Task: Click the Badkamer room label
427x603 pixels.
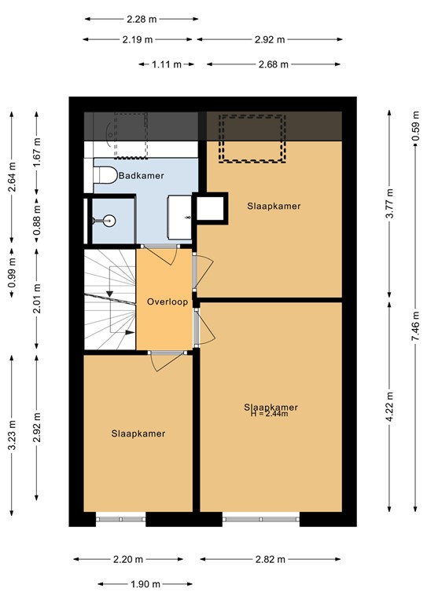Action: (141, 176)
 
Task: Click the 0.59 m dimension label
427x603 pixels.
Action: (415, 126)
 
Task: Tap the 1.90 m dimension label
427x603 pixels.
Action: (146, 584)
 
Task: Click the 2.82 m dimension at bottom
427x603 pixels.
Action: (272, 559)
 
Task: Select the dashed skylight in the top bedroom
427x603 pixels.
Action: (252, 138)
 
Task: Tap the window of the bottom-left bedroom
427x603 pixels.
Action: (120, 517)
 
